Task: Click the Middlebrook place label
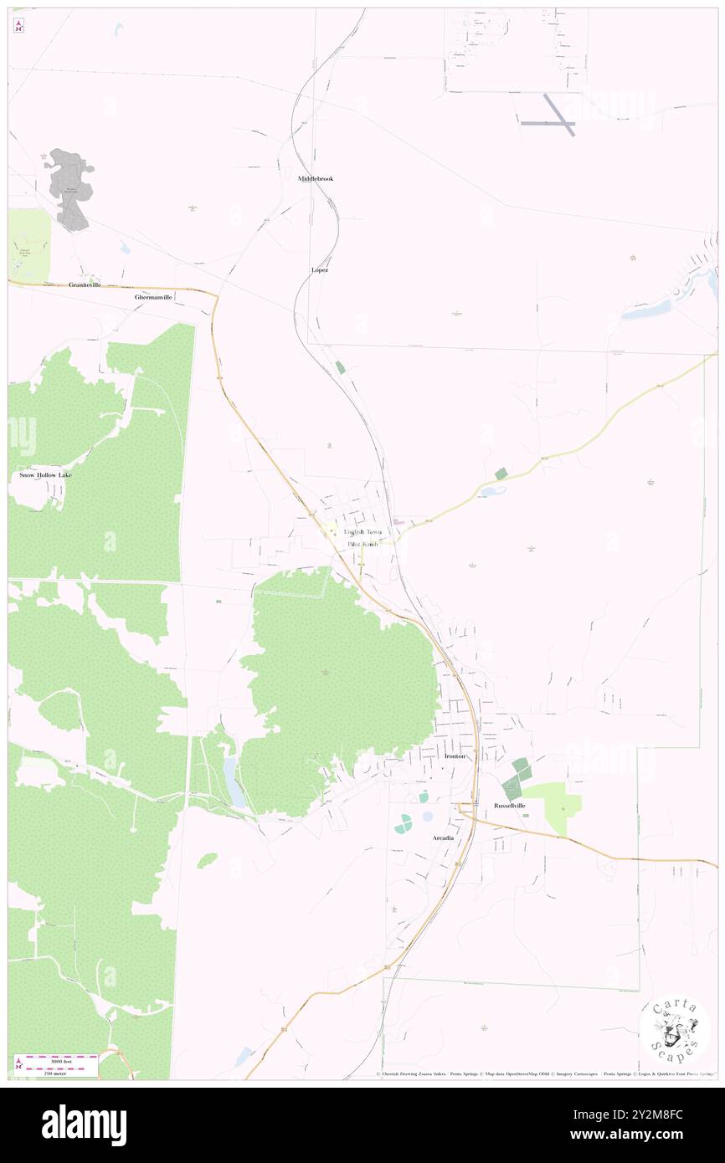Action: [315, 178]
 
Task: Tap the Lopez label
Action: [319, 270]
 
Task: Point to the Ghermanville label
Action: [153, 297]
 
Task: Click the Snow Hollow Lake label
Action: [46, 475]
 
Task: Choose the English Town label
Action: [362, 532]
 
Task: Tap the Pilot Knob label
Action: [363, 544]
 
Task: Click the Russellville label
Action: [509, 806]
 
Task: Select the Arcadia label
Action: [443, 838]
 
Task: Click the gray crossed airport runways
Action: [553, 115]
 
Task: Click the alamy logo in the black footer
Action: [84, 1125]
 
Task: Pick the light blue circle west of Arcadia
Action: [428, 816]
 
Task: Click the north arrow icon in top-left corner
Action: [18, 25]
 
